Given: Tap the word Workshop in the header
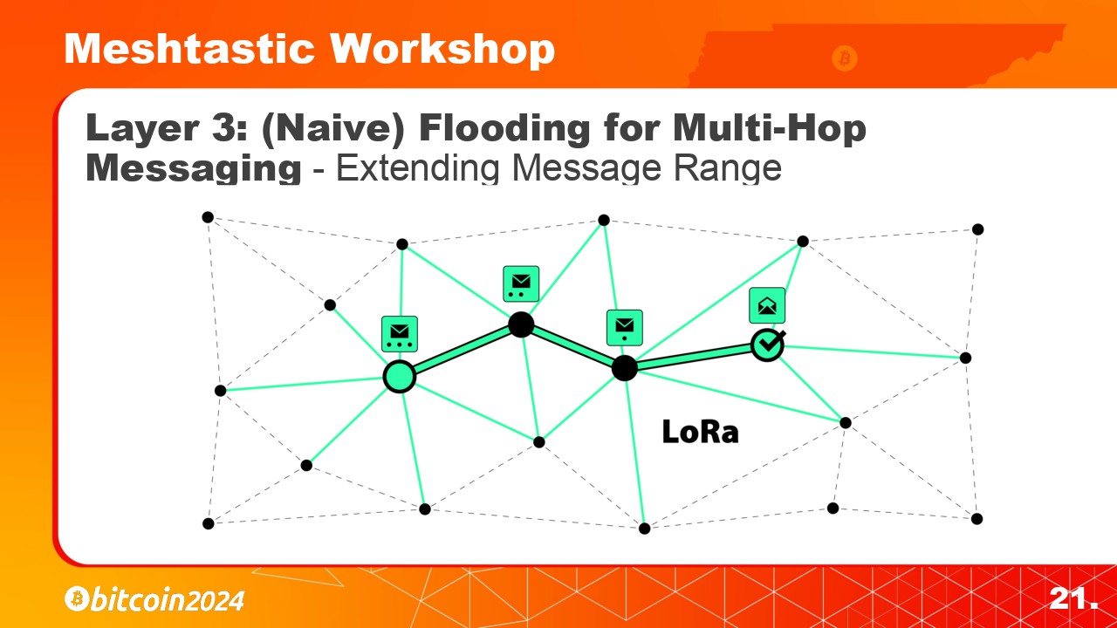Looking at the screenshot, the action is coord(442,50).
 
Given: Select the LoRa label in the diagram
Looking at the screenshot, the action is coord(700,432).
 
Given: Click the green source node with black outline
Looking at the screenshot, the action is coord(400,377).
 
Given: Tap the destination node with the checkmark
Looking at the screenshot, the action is coord(767,345).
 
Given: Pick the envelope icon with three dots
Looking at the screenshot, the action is coord(400,334).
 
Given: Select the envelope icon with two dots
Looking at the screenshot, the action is coord(521,284).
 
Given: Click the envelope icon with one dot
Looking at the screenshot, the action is coord(624,328).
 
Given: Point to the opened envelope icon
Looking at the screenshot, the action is coord(767,305).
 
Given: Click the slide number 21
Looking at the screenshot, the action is coord(1073,598).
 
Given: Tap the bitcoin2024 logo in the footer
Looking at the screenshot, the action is coord(154,599).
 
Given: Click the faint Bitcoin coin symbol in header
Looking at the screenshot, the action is coord(845,58).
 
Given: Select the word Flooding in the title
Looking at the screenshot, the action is coord(504,129).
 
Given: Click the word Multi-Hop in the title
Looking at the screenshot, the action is coord(770,129).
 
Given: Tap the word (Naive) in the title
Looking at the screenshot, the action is coord(332,129).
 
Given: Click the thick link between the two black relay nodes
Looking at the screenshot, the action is coord(572,347).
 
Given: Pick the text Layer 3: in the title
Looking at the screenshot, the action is coord(166,129).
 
